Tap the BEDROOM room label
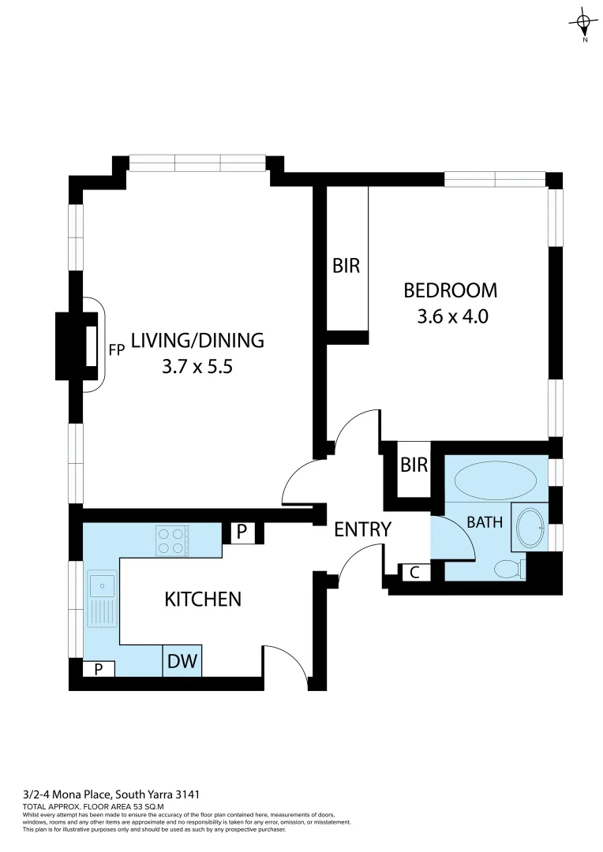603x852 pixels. [450, 290]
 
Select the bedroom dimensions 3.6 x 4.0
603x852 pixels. [450, 317]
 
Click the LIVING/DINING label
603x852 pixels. [197, 341]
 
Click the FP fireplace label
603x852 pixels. [117, 350]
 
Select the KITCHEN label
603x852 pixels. [202, 600]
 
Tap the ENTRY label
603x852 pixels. [362, 529]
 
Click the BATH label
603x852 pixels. [485, 522]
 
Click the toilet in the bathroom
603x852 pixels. [509, 568]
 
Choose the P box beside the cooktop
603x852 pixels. [242, 533]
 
